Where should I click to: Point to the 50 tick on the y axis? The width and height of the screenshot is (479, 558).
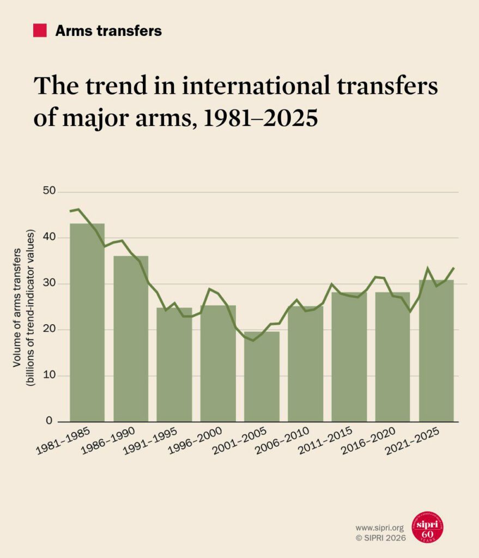(50, 192)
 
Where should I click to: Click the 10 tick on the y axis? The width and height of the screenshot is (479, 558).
(50, 375)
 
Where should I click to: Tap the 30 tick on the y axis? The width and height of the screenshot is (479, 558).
(50, 283)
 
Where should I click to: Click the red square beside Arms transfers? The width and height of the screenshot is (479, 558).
(40, 31)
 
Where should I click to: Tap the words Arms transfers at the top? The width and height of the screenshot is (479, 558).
(108, 31)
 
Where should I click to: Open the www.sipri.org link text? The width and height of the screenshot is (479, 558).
(380, 527)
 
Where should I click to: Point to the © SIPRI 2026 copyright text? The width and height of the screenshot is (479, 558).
(380, 537)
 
